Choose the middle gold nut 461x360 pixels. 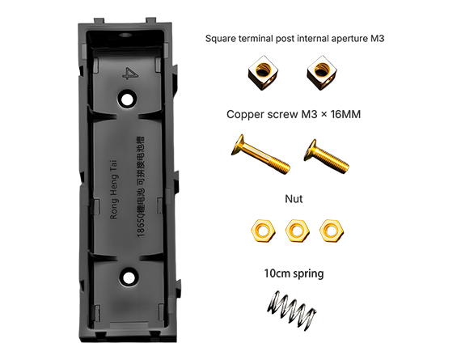(296, 230)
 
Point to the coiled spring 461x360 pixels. (293, 310)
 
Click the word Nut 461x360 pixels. (294, 197)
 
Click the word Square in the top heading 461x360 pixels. (222, 38)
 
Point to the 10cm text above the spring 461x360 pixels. (277, 273)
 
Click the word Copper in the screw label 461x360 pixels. (247, 115)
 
